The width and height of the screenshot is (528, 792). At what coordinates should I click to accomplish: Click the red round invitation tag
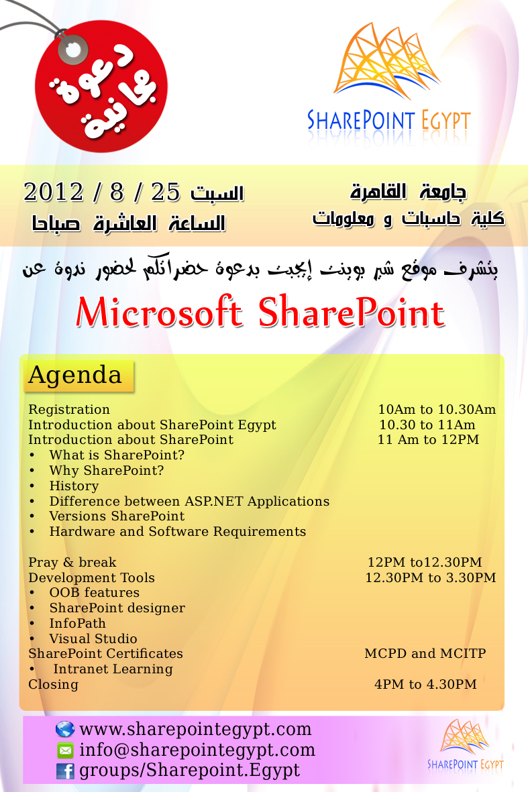[101, 87]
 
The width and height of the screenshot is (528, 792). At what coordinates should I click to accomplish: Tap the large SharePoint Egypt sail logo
[389, 83]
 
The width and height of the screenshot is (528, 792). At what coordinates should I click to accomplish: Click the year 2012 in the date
[53, 192]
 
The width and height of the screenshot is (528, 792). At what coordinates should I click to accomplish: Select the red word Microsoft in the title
[159, 312]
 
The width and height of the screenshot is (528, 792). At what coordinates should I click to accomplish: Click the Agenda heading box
[78, 376]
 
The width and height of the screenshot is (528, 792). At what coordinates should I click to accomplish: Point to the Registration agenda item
[69, 409]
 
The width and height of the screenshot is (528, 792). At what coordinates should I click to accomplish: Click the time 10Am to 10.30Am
[437, 409]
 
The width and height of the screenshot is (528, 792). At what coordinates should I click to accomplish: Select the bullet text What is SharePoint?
[117, 455]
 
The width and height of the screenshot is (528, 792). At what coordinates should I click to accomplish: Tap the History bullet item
[74, 486]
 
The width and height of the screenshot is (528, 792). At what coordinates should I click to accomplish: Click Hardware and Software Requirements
[177, 531]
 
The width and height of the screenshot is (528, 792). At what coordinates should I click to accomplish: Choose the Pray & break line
[72, 562]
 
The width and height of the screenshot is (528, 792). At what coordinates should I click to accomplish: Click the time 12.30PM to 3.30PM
[431, 577]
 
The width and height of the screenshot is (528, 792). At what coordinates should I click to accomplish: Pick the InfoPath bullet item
[77, 623]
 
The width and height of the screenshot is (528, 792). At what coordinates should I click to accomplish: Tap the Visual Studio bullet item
[93, 638]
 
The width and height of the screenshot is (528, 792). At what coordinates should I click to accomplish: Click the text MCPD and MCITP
[425, 653]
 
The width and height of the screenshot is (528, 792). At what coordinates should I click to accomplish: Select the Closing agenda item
[53, 685]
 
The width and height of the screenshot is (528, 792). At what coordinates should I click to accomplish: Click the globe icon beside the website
[65, 730]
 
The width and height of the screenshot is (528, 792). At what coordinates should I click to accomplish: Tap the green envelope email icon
[65, 750]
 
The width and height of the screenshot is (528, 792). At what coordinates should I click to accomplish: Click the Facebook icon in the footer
[65, 771]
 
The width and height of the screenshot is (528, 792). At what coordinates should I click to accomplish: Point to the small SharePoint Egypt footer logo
[466, 744]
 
